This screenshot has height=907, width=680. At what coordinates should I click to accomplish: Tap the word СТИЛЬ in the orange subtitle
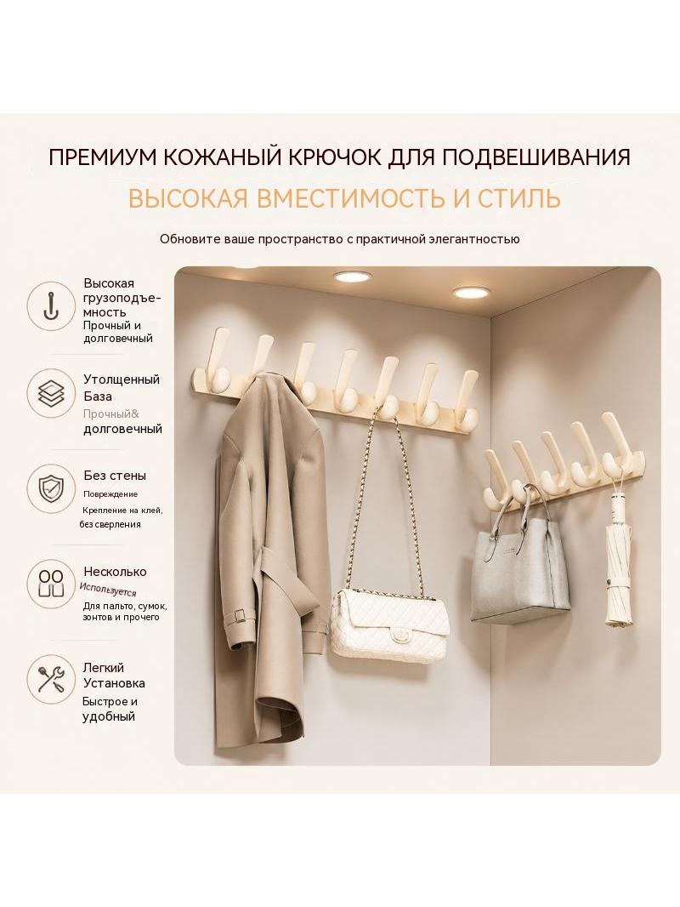(518, 198)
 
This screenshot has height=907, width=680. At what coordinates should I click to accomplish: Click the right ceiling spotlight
(470, 292)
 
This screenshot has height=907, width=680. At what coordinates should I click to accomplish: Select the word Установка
(114, 683)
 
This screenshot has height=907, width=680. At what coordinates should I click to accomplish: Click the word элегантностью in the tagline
(474, 239)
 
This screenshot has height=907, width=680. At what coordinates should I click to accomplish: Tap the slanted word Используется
(108, 590)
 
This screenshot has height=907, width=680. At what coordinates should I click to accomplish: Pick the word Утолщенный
(122, 379)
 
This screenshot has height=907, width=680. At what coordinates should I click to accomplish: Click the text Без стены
(115, 476)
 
